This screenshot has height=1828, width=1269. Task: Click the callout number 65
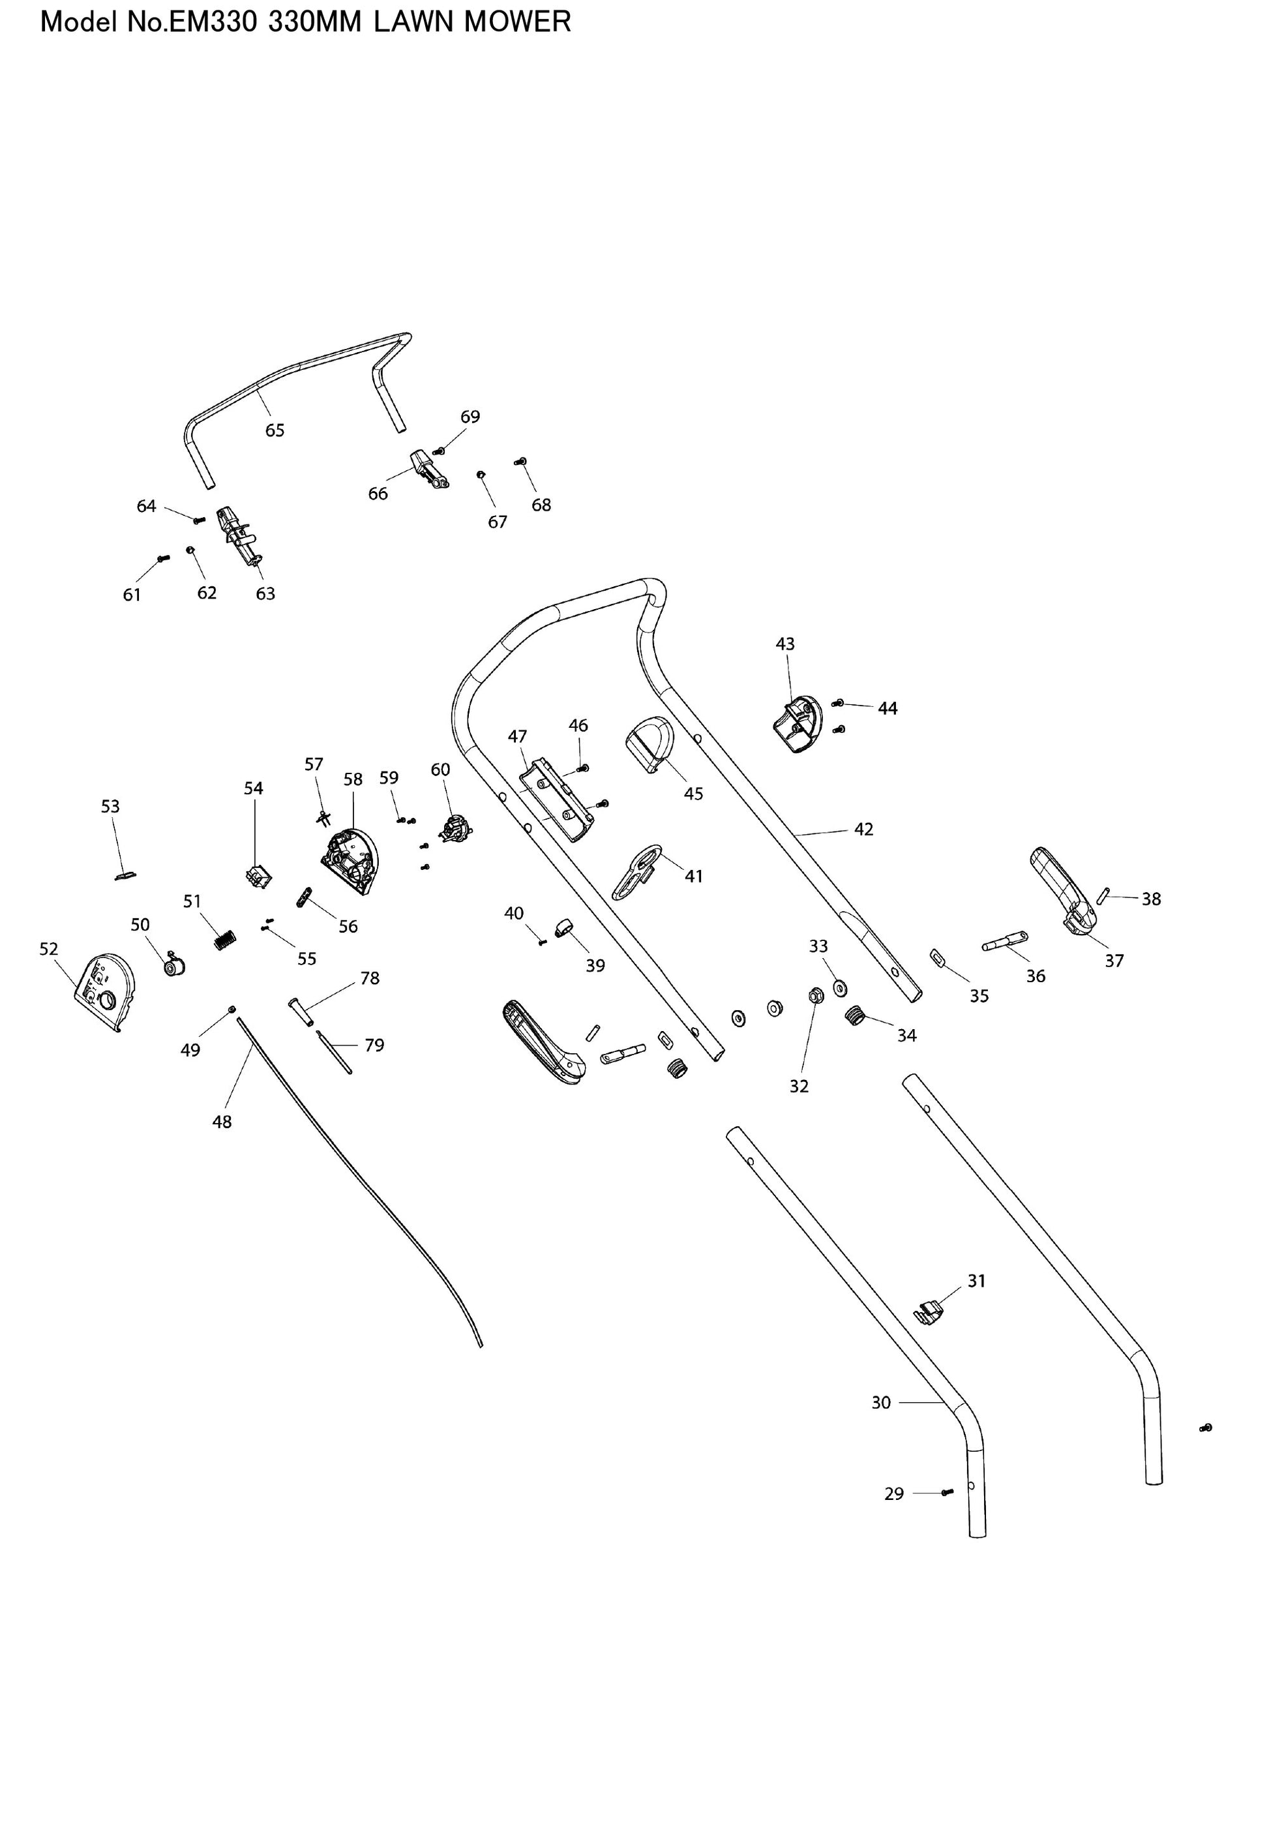[275, 430]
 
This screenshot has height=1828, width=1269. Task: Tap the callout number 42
[863, 830]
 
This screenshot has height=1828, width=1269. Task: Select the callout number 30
[881, 1403]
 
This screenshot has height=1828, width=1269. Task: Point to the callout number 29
[895, 1494]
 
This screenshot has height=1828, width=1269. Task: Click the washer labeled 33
[841, 988]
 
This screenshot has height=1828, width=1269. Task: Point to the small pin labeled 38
[1103, 895]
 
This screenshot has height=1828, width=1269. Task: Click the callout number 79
[374, 1045]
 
